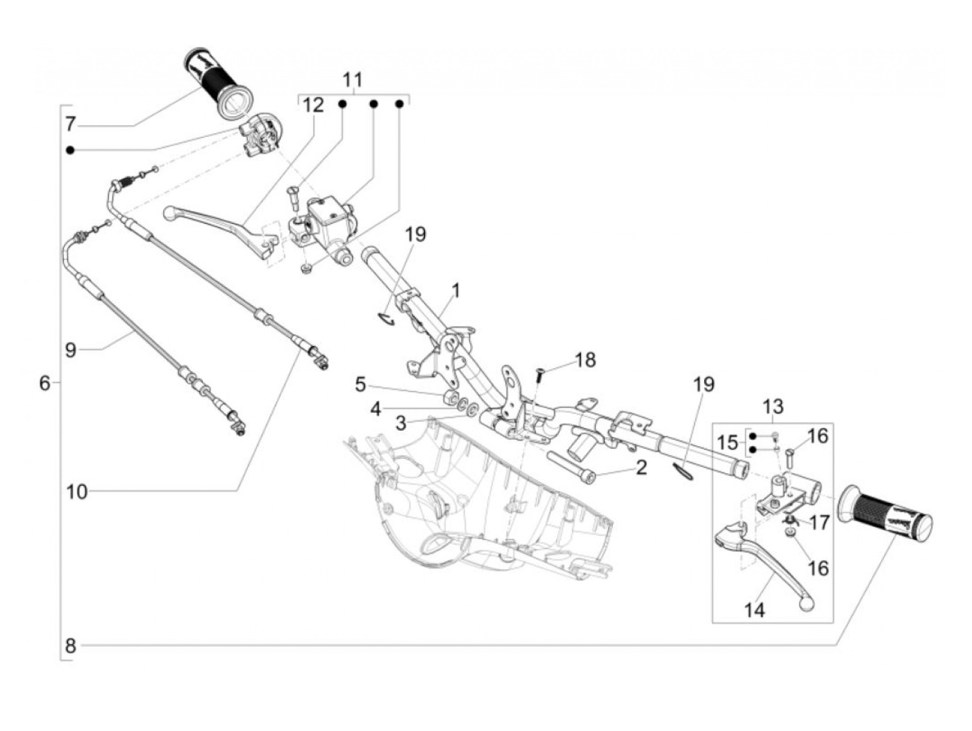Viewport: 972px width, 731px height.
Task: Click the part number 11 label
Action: (353, 80)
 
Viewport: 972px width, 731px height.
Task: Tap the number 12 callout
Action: (313, 106)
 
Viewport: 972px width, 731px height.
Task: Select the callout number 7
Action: (70, 124)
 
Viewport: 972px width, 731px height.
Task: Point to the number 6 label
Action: (44, 384)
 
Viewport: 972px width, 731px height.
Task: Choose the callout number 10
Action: (77, 492)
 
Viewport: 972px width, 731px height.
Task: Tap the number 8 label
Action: (70, 646)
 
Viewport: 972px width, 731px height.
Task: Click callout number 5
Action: (360, 385)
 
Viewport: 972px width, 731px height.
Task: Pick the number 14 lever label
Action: (755, 611)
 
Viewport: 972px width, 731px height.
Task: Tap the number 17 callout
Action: (819, 523)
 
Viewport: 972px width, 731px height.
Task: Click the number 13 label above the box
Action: (773, 406)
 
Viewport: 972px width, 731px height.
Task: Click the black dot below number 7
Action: (70, 151)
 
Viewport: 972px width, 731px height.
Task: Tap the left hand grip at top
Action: (218, 83)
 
